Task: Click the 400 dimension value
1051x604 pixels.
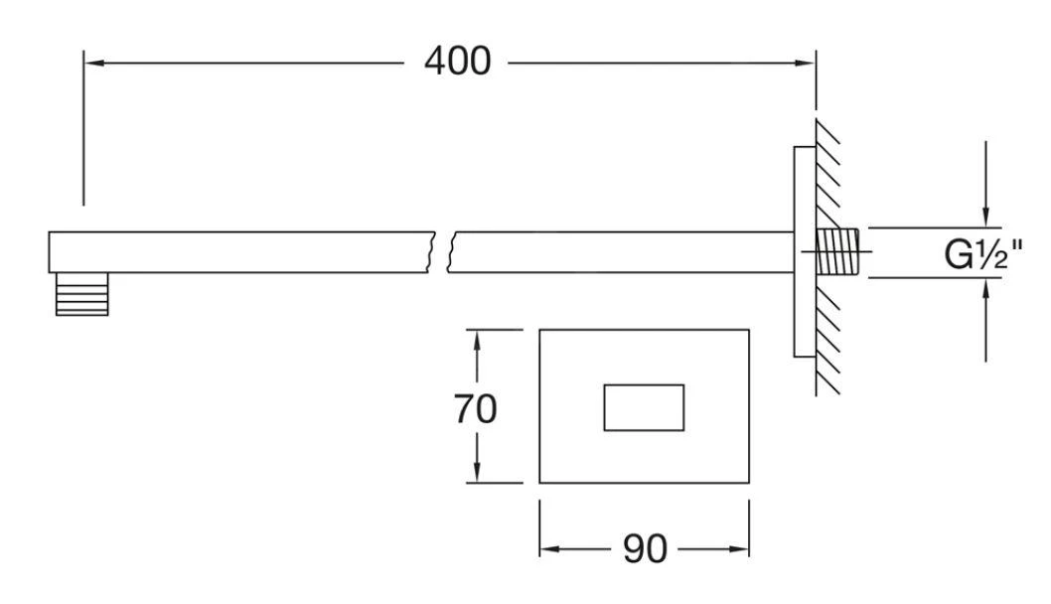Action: click(x=458, y=61)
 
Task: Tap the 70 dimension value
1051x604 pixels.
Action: click(x=475, y=408)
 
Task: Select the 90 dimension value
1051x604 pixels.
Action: click(x=645, y=549)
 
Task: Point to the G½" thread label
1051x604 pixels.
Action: click(x=983, y=254)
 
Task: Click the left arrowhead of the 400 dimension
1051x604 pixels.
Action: click(x=93, y=63)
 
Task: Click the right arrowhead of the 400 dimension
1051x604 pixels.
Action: click(x=805, y=63)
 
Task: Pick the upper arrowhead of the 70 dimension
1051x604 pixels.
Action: click(x=477, y=340)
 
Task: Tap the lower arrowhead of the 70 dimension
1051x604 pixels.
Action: click(x=477, y=472)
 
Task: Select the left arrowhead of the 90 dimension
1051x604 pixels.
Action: click(x=549, y=549)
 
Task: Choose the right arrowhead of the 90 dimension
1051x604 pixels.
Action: click(x=739, y=549)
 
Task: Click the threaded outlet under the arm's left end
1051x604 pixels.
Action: click(x=81, y=294)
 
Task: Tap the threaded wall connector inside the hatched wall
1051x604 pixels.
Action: click(x=837, y=251)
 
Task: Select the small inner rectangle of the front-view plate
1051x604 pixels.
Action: click(x=644, y=407)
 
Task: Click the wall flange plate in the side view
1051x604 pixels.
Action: click(x=805, y=251)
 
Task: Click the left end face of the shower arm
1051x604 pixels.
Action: click(x=49, y=252)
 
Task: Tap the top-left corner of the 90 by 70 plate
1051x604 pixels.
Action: click(x=539, y=329)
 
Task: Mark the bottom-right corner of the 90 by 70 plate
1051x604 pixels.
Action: click(x=749, y=483)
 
